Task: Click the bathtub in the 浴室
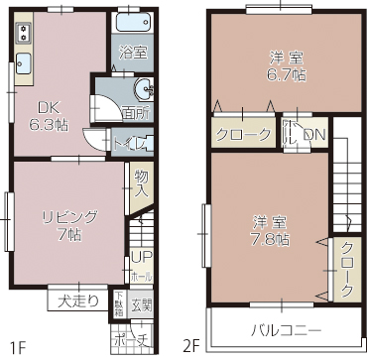tap(131, 24)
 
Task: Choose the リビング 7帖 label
tap(68, 225)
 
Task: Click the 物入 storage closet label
tap(142, 183)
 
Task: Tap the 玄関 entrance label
tap(141, 304)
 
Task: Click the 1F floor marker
tap(17, 346)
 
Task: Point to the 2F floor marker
tap(190, 346)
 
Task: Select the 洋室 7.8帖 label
tap(269, 230)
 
